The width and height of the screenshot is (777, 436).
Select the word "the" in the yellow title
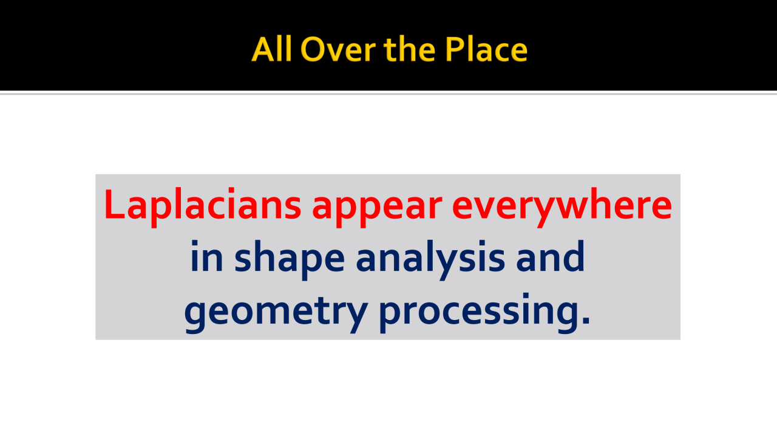click(410, 49)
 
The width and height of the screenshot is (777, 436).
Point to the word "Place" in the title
click(486, 49)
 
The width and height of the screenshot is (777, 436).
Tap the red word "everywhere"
click(562, 206)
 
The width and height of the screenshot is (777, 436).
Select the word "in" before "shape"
click(207, 256)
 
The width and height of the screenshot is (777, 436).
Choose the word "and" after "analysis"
click(551, 256)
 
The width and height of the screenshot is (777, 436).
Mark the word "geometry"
click(276, 312)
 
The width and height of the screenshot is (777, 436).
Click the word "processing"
click(480, 312)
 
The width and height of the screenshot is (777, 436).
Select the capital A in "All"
click(263, 50)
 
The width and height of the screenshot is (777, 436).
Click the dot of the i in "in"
click(195, 243)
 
